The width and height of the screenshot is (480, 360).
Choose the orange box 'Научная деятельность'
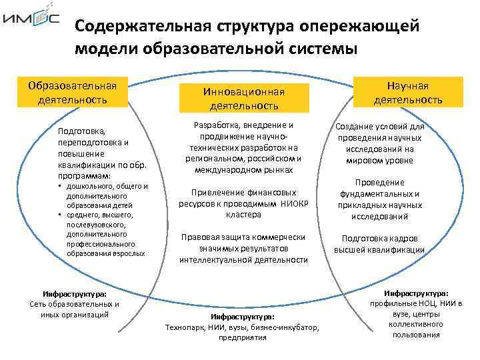(408, 93)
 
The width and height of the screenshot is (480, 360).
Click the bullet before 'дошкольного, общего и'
(60, 187)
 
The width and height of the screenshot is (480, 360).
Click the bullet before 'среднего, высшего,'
(60, 215)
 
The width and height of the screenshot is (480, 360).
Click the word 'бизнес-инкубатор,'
(287, 327)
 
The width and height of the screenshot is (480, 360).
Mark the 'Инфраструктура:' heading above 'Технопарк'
(243, 317)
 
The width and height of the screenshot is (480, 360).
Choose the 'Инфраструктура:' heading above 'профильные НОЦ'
(416, 293)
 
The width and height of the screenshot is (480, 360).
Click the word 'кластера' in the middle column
(243, 215)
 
